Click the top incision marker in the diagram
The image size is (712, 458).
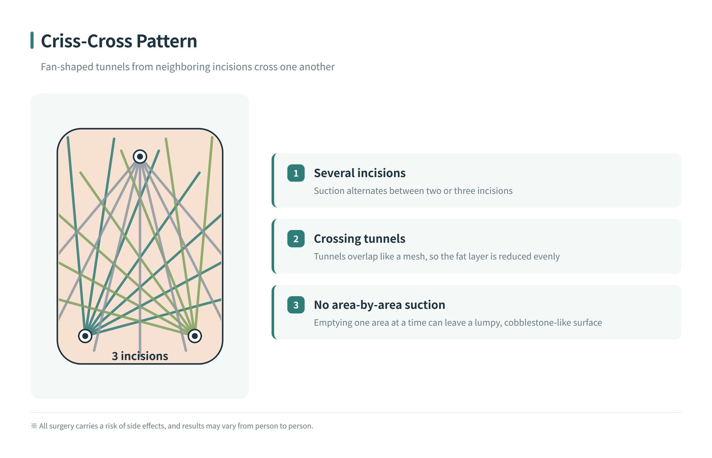coord(140,157)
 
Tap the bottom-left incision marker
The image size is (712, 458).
coord(85,336)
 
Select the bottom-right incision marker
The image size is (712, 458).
coord(195,336)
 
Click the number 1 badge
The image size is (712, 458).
coord(296,173)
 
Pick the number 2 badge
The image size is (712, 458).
coord(296,239)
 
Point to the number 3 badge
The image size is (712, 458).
coord(296,305)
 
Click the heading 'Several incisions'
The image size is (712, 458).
coord(360,173)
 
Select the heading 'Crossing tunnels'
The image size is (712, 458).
coord(360,239)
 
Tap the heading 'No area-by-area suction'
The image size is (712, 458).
coord(380,305)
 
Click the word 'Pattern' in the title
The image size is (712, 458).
coord(167,41)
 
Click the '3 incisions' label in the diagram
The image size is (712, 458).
coord(140,356)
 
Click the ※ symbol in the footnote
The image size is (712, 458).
coord(34,426)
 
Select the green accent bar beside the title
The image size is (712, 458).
coord(32,41)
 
